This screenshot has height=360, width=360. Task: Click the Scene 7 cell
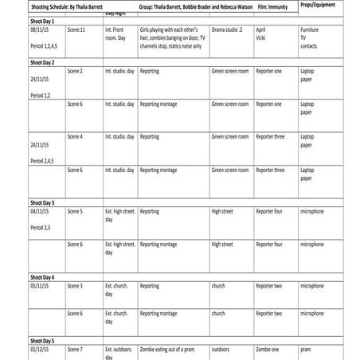pyautogui.click(x=76, y=349)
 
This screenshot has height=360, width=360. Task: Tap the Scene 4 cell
pyautogui.click(x=76, y=137)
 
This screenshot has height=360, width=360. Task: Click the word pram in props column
pyautogui.click(x=306, y=349)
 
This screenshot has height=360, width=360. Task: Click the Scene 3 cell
pyautogui.click(x=76, y=285)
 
